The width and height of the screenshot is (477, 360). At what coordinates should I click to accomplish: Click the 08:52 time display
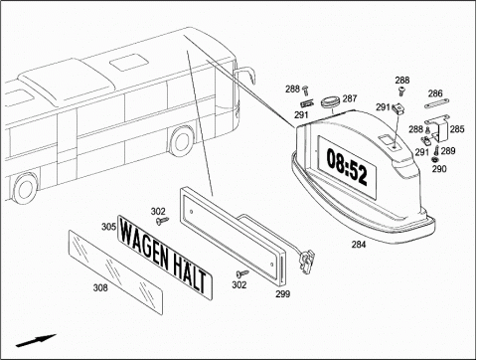[347, 166]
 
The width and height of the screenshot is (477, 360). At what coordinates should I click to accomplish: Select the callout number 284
[359, 245]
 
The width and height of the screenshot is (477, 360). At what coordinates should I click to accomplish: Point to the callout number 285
[457, 129]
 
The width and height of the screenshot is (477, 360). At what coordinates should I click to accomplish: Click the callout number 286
[435, 93]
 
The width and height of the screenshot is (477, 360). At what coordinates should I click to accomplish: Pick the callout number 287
[350, 98]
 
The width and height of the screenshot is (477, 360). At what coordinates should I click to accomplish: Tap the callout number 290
[439, 169]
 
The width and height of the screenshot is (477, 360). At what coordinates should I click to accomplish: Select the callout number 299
[283, 294]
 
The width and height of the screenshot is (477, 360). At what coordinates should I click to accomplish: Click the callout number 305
[108, 227]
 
